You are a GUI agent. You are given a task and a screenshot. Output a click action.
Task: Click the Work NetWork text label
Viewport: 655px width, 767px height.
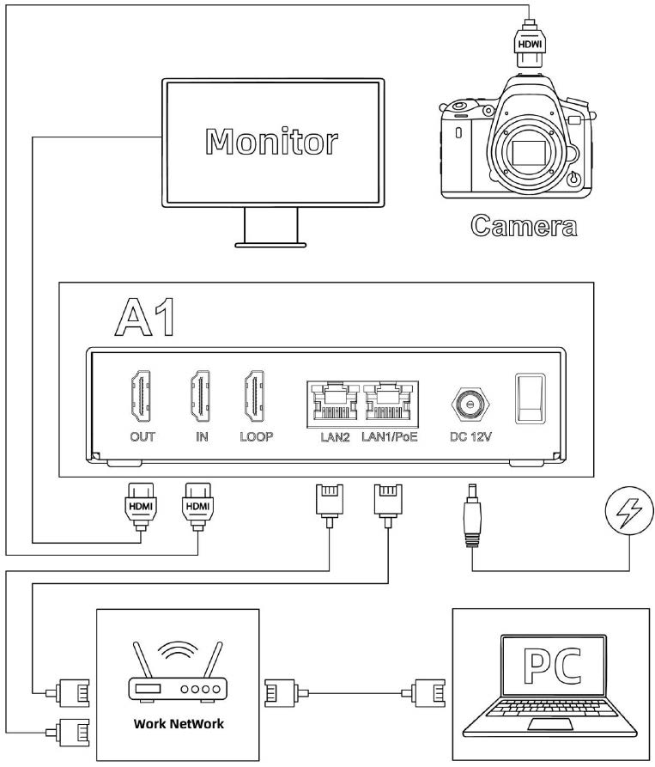(x=179, y=723)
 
